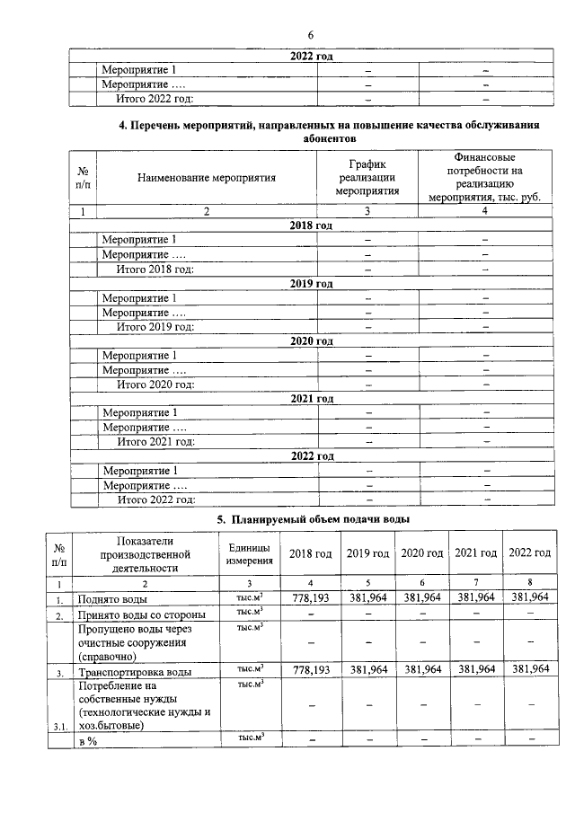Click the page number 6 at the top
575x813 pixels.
pos(310,34)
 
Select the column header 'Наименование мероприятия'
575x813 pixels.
pos(206,178)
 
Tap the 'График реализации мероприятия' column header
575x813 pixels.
pos(367,177)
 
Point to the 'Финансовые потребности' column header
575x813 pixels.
pos(484,177)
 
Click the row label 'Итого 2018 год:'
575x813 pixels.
pos(155,269)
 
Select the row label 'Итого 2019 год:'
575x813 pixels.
pos(155,326)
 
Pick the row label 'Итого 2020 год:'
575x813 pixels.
pos(155,384)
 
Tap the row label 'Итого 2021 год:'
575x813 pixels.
pos(155,441)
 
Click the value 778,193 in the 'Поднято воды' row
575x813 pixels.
pos(310,597)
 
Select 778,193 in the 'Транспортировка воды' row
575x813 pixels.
pos(310,670)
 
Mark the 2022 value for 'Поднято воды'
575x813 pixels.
pos(529,597)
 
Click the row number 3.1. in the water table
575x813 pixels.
pos(58,728)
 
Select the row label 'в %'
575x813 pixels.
pos(87,740)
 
